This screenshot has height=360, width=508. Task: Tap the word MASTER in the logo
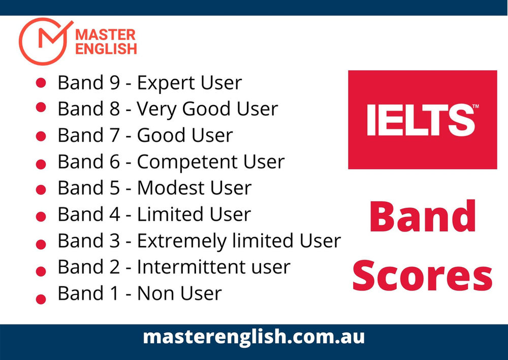105,36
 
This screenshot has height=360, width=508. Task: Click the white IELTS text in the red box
422,120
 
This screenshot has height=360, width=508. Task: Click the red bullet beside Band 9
42,82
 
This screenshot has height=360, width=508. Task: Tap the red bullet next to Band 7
42,136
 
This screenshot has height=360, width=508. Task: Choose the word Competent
188,162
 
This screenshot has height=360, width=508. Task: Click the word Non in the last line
154,293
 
